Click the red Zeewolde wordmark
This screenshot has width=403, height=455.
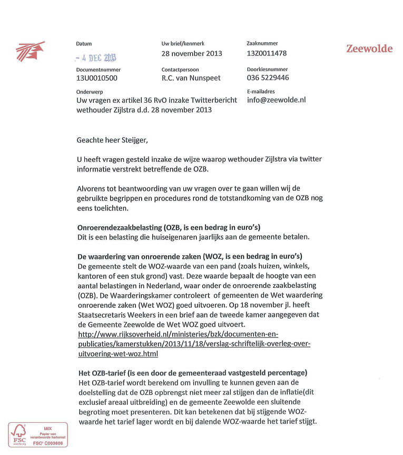click(369, 49)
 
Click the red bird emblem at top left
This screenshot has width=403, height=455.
click(30, 51)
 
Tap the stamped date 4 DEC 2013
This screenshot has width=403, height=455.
click(96, 58)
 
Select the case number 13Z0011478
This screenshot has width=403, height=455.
click(267, 53)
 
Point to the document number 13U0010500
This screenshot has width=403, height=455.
click(97, 78)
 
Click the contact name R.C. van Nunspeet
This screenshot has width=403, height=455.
click(191, 78)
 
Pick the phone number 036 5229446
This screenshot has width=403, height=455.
click(268, 78)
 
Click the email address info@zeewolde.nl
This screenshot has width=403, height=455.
click(276, 100)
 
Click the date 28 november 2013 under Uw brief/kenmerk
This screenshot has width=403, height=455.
click(192, 53)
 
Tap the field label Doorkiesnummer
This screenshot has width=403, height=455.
click(268, 69)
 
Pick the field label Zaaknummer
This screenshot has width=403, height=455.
click(262, 43)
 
